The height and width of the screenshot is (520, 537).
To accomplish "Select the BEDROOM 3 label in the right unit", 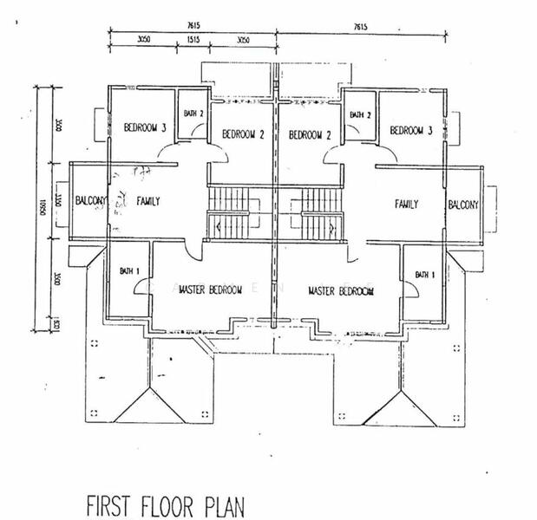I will click(410, 131).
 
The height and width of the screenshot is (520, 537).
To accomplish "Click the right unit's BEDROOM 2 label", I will click(311, 134).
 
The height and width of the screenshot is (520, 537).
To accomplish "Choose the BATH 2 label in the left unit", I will click(192, 114).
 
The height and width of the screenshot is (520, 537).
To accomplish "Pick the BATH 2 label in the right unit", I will click(360, 114).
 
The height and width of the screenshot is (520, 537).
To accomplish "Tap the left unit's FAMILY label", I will click(148, 201).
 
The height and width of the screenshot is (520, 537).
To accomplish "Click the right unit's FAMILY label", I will click(406, 205).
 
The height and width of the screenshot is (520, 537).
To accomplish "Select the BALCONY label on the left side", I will click(89, 201).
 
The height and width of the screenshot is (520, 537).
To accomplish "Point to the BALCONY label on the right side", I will click(462, 205).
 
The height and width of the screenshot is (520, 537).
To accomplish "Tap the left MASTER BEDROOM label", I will click(210, 290).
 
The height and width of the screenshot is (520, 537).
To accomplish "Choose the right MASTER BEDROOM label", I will click(341, 291).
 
